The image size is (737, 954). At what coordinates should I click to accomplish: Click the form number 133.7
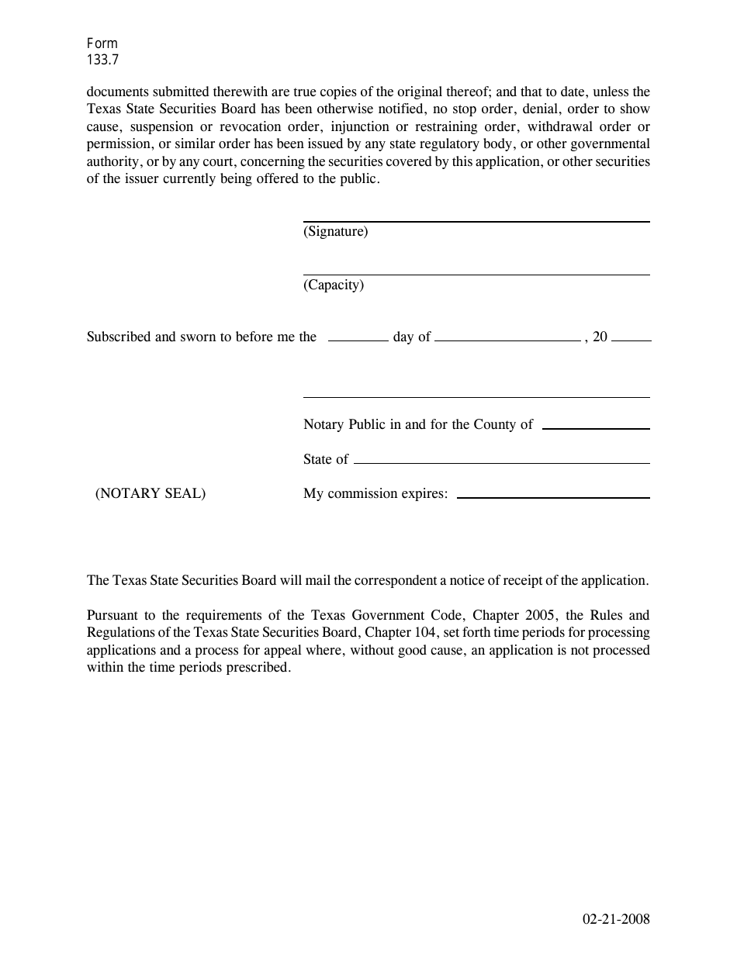pyautogui.click(x=103, y=59)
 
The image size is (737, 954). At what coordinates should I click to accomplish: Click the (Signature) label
pyautogui.click(x=335, y=231)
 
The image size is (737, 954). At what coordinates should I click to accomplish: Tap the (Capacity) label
pyautogui.click(x=333, y=285)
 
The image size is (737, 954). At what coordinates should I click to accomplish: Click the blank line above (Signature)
pyautogui.click(x=476, y=221)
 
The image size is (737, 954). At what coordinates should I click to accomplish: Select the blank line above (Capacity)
pyautogui.click(x=476, y=274)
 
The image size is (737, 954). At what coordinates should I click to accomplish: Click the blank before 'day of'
pyautogui.click(x=358, y=340)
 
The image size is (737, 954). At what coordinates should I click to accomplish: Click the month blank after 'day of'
pyautogui.click(x=507, y=340)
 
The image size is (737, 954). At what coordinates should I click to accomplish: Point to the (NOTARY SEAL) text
pyautogui.click(x=151, y=493)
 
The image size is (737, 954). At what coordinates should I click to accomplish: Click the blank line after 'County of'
pyautogui.click(x=596, y=428)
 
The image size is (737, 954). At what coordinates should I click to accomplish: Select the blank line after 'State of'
pyautogui.click(x=501, y=462)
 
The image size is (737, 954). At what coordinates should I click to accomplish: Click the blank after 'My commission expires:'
pyautogui.click(x=553, y=496)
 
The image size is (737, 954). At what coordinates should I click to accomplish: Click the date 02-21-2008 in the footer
pyautogui.click(x=616, y=920)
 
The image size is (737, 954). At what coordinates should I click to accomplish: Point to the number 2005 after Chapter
pyautogui.click(x=539, y=616)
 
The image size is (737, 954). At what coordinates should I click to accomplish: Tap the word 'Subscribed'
pyautogui.click(x=119, y=337)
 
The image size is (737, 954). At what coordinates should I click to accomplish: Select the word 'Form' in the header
pyautogui.click(x=102, y=44)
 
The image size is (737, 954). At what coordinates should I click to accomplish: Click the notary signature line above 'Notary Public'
pyautogui.click(x=476, y=397)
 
